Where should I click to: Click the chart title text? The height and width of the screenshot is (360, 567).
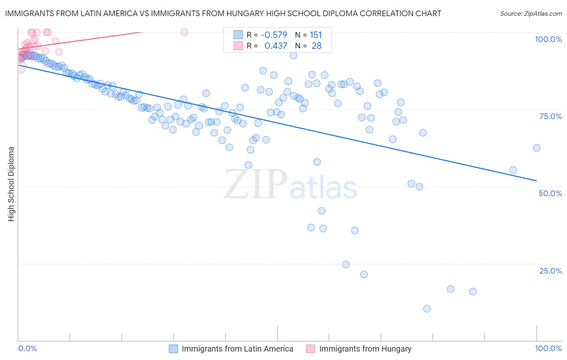click(223, 13)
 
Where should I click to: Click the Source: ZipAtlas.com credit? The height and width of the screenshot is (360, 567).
click(531, 13)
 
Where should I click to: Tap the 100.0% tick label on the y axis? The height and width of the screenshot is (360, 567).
click(548, 39)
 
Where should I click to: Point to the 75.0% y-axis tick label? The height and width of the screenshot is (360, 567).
click(550, 116)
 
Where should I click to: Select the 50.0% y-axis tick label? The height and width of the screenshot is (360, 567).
click(550, 193)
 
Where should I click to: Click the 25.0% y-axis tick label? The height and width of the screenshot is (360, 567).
click(550, 271)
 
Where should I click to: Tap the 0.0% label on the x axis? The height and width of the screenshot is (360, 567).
click(27, 348)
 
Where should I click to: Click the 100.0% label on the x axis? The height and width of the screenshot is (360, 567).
click(548, 348)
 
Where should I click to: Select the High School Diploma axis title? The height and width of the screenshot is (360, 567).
click(11, 184)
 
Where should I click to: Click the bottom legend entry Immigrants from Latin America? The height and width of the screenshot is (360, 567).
click(237, 349)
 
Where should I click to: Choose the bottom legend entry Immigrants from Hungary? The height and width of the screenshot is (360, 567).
click(365, 349)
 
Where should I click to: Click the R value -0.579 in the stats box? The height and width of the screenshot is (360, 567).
click(274, 35)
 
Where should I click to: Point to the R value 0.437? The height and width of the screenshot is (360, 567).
click(276, 46)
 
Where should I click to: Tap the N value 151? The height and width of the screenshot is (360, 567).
click(316, 35)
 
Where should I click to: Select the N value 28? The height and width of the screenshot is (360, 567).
click(317, 46)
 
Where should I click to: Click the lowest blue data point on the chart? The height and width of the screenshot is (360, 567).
click(427, 309)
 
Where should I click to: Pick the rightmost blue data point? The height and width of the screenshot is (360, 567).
click(536, 148)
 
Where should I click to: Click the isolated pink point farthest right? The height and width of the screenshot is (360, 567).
click(184, 32)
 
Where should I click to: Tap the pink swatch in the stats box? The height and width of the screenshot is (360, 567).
click(238, 46)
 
